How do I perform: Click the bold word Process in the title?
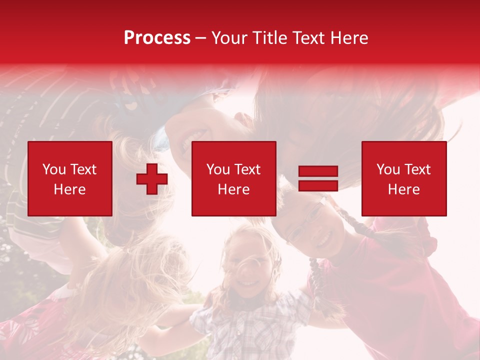[157, 38]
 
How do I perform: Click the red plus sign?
[152, 178]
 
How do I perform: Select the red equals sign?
[318, 178]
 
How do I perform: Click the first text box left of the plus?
[69, 178]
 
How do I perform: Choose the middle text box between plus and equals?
[233, 178]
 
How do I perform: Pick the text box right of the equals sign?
[403, 178]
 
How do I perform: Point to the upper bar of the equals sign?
[318, 172]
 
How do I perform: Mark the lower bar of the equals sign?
[318, 185]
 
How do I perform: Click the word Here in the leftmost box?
[69, 189]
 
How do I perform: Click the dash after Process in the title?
[201, 38]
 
